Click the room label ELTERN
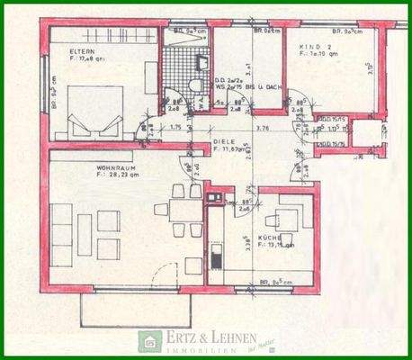pyautogui.click(x=82, y=52)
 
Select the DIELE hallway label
pyautogui.click(x=224, y=142)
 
